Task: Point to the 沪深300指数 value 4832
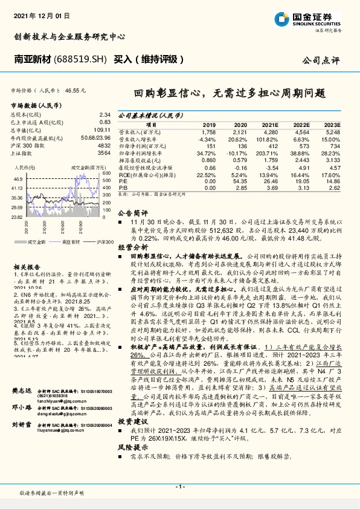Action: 104,146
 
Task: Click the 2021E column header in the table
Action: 270,124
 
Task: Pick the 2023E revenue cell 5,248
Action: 332,131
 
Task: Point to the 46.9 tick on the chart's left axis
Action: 17,180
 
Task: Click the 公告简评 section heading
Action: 132,213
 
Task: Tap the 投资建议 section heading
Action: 132,386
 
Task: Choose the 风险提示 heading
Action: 132,430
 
